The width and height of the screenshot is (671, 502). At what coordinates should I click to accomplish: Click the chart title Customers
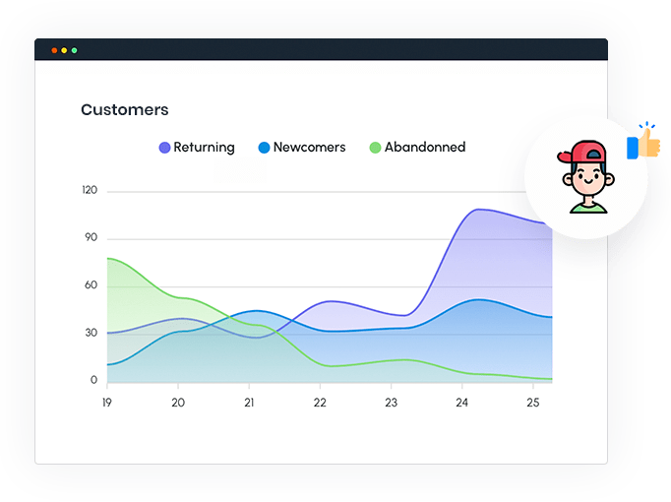(124, 110)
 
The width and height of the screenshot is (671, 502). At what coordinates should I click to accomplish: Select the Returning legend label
(204, 148)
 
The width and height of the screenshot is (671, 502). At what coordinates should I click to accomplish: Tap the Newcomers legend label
(309, 148)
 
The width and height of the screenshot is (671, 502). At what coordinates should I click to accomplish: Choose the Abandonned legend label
(424, 148)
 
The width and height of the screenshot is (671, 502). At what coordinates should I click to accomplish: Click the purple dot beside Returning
(164, 148)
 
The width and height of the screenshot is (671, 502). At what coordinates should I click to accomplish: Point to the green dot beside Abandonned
(375, 148)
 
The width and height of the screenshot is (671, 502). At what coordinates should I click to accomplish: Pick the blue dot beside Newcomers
(264, 148)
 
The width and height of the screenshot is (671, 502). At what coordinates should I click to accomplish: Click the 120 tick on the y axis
(90, 190)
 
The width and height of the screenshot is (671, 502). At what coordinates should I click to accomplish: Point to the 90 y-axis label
(91, 237)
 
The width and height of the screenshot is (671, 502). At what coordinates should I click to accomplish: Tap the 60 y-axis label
(91, 285)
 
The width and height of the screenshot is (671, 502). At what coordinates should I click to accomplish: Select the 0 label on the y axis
(94, 380)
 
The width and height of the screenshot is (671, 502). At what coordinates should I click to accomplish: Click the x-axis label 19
(107, 403)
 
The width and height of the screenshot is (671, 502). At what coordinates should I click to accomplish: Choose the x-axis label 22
(320, 403)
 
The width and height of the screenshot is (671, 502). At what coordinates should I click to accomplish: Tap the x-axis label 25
(534, 403)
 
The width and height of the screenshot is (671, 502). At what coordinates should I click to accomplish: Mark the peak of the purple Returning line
(479, 209)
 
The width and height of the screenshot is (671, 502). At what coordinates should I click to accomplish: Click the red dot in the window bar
(54, 50)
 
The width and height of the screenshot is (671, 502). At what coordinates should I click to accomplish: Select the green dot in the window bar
(74, 50)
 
